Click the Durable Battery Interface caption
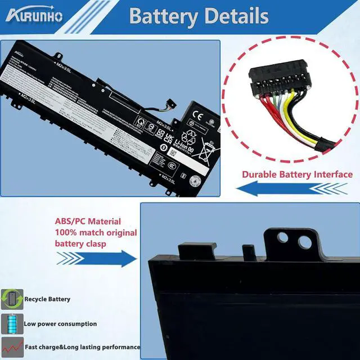click(297, 174)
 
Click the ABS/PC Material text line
click(87, 222)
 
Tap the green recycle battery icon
click(12, 299)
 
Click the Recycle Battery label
click(47, 299)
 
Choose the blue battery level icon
click(11, 324)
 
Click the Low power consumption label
click(60, 324)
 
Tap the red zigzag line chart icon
click(11, 347)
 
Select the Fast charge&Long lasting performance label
click(82, 348)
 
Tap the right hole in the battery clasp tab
click(304, 242)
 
